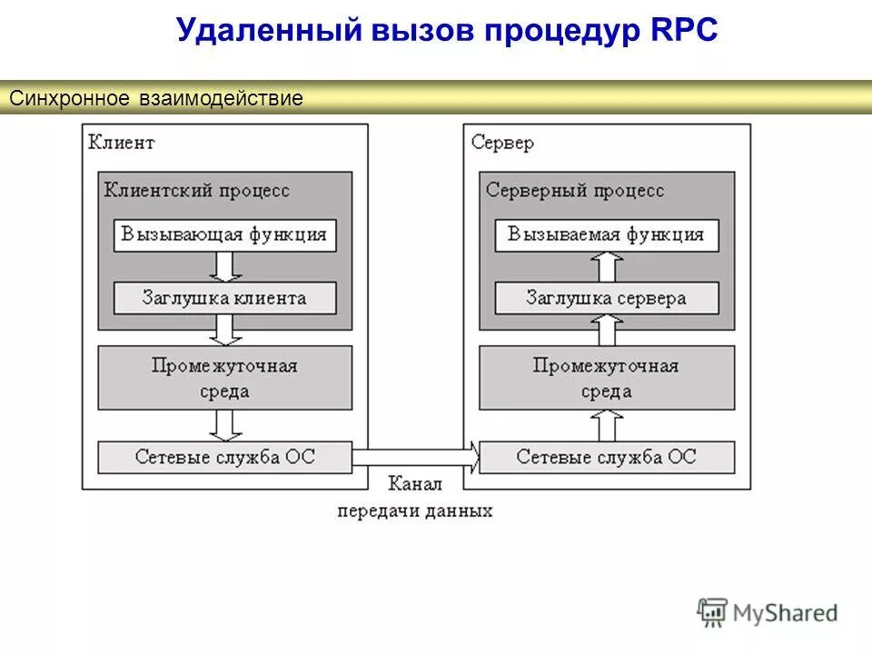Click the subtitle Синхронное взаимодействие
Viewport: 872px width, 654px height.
[155, 98]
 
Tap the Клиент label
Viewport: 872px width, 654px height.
[122, 143]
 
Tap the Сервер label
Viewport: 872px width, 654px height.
[502, 143]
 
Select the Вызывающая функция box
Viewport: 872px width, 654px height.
[225, 235]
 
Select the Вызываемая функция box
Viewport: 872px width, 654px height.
[606, 235]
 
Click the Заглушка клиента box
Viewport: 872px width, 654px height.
[225, 298]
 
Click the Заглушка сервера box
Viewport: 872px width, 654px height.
[606, 298]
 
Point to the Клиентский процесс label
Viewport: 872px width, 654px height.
[197, 191]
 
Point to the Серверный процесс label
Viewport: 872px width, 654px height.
[575, 191]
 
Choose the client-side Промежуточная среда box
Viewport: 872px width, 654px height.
[225, 378]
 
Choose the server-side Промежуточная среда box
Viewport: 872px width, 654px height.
[606, 378]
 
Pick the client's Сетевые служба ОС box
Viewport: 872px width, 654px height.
[225, 457]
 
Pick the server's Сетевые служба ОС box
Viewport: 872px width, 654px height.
[606, 457]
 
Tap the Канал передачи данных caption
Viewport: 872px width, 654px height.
[415, 497]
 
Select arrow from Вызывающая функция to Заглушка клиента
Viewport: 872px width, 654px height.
[225, 267]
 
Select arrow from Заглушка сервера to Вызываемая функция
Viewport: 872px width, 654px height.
[606, 267]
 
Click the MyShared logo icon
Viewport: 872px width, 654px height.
[713, 613]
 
